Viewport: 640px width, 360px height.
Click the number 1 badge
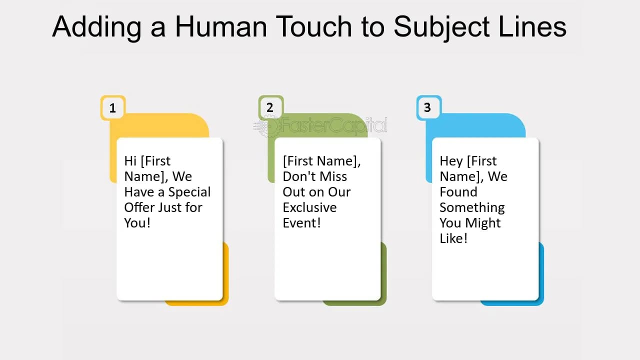tap(113, 108)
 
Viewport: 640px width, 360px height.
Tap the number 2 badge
tap(271, 107)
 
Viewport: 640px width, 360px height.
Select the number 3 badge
tap(429, 107)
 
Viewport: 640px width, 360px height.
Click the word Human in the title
tap(221, 26)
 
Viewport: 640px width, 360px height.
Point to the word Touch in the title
tap(313, 26)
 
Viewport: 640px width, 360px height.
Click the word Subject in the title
tap(442, 27)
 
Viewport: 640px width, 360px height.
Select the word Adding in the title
tap(97, 27)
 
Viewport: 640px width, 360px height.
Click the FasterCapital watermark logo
tap(320, 126)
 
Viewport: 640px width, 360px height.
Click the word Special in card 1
tap(189, 192)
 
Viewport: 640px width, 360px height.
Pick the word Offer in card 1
tap(139, 207)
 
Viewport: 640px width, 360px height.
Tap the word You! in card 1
tap(137, 223)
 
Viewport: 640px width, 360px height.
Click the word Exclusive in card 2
tap(309, 207)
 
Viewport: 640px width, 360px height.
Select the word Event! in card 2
tap(301, 223)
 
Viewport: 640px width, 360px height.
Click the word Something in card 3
tap(472, 208)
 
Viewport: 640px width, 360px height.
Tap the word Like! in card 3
tap(453, 238)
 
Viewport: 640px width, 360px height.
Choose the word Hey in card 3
tap(451, 161)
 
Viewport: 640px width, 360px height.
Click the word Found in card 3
tap(458, 192)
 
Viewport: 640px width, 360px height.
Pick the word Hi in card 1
tap(130, 161)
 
